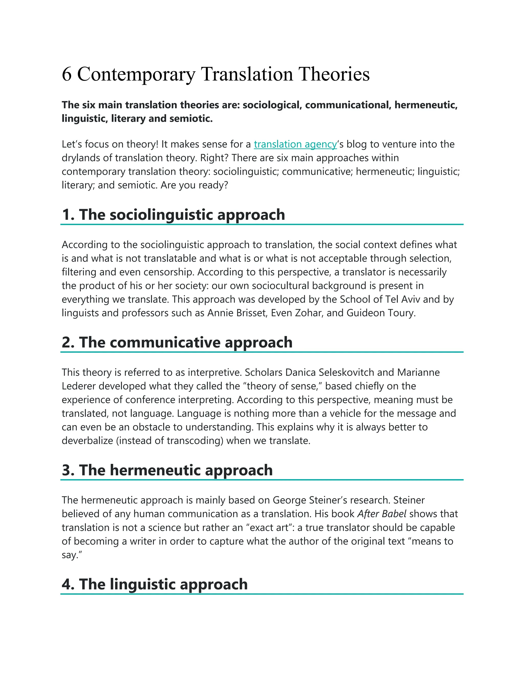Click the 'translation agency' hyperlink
(295, 144)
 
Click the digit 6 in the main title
(67, 74)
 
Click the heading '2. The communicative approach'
(177, 342)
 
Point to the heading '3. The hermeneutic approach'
(167, 470)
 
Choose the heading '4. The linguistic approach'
(155, 584)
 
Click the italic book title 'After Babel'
(381, 514)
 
